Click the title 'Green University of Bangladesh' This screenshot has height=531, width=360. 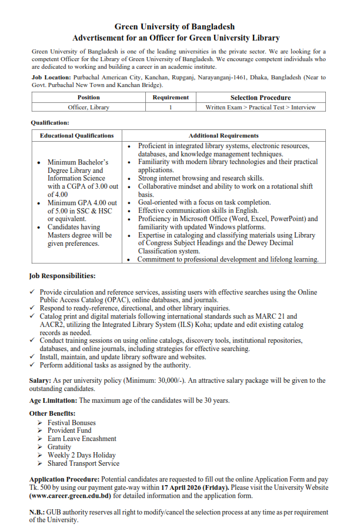click(174, 27)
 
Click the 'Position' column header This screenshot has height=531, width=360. click(88, 98)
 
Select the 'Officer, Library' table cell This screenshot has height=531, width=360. click(88, 107)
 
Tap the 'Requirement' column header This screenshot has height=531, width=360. click(171, 98)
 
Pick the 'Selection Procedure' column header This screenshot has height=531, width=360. click(260, 98)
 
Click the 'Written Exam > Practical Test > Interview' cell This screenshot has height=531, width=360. click(260, 107)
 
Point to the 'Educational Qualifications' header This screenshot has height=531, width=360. click(76, 136)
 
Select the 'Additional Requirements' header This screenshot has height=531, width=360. click(224, 136)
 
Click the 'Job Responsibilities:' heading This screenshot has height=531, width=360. click(62, 276)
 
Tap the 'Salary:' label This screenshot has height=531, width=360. click(41, 381)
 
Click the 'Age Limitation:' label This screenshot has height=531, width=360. click(54, 400)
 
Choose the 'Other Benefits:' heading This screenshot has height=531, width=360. click(52, 413)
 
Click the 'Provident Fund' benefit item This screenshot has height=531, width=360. click(69, 430)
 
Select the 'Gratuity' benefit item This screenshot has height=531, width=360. click(59, 447)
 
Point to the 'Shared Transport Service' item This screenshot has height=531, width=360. click(83, 463)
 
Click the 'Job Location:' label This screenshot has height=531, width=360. click(51, 78)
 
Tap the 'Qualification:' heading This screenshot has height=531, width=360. click(50, 123)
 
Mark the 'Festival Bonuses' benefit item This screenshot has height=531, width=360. click(71, 422)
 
